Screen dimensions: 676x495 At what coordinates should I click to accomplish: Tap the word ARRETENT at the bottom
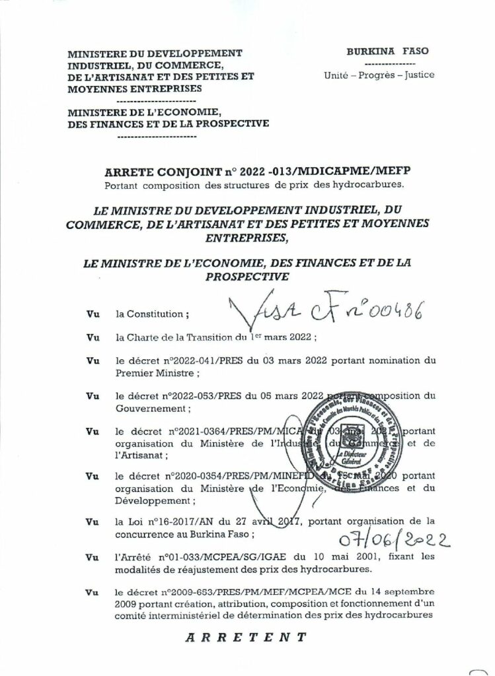247,638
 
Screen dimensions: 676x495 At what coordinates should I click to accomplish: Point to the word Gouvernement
144,408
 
